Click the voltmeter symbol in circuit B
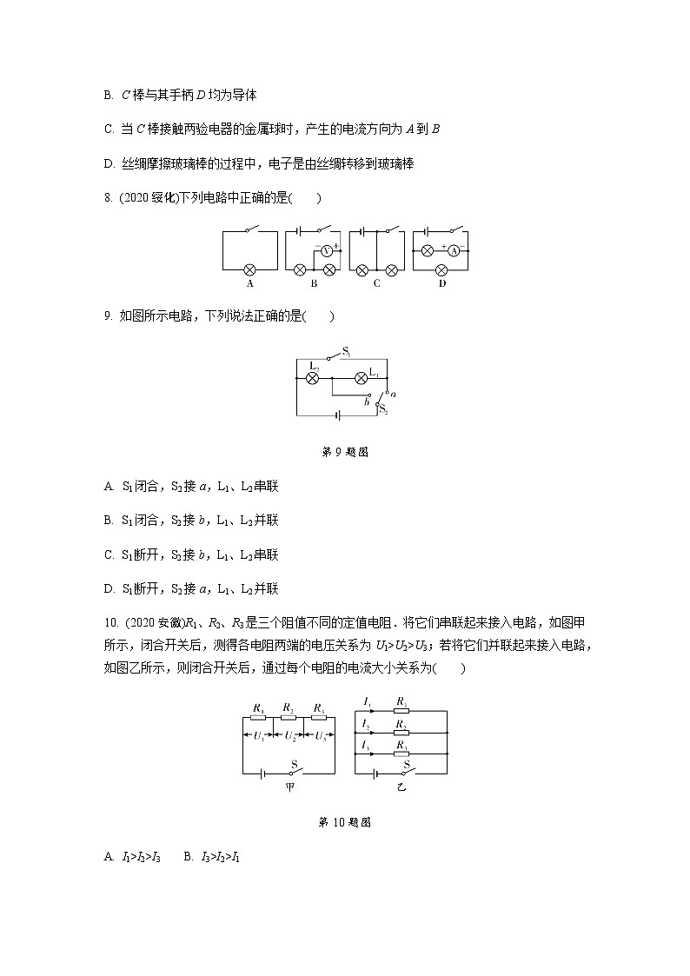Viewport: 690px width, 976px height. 327,250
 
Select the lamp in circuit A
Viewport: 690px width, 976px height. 250,269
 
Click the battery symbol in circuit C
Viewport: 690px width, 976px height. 359,231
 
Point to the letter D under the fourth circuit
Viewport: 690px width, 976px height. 442,283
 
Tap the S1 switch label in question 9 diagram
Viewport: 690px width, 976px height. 346,351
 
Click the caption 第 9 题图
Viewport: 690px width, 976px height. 345,452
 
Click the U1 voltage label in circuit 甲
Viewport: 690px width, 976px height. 258,735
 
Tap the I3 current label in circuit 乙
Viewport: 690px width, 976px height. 368,746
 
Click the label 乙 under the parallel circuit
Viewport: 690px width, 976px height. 401,787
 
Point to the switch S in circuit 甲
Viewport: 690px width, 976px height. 295,769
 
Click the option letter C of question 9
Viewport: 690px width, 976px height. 109,554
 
